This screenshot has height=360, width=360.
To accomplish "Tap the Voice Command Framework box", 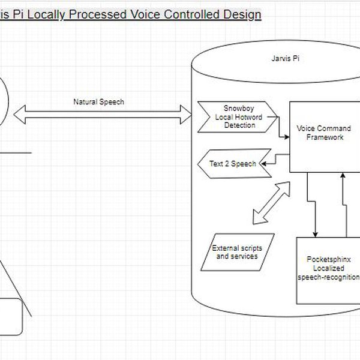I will point(324,133).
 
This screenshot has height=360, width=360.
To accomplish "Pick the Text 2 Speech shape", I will point(233,164).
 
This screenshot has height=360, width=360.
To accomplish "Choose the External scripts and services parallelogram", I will point(236,252).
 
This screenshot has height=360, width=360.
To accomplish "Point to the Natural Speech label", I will point(98,102).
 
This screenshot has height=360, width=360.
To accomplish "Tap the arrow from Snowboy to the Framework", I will point(281,130).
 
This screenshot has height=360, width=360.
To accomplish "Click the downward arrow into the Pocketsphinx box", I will point(309,204).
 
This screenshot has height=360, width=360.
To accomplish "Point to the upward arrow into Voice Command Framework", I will point(343,204).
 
